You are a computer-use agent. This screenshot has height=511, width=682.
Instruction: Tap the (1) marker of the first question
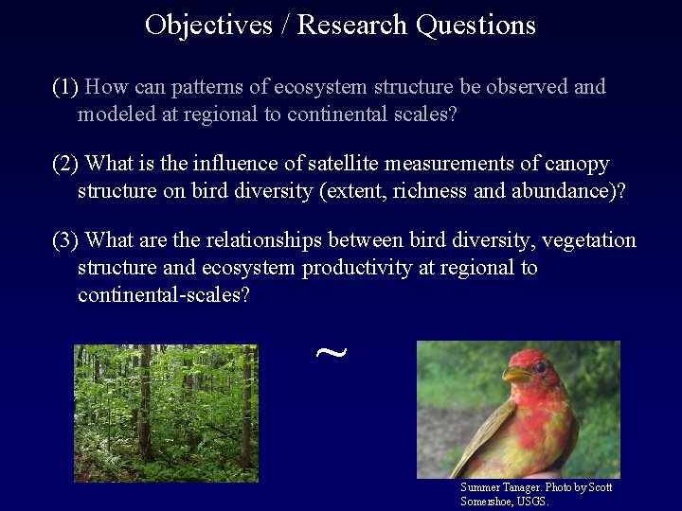click(x=65, y=88)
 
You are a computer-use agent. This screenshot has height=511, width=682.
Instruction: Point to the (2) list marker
click(x=65, y=165)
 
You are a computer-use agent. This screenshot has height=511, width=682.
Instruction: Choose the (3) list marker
click(x=65, y=240)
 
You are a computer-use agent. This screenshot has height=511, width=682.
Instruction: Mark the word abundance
click(x=563, y=191)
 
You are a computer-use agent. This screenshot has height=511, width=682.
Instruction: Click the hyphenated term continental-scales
click(x=164, y=294)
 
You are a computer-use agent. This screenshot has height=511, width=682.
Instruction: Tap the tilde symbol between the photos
click(x=330, y=354)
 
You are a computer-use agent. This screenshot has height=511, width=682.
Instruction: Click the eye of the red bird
click(x=541, y=366)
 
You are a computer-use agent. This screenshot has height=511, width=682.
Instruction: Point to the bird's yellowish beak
click(x=516, y=375)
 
